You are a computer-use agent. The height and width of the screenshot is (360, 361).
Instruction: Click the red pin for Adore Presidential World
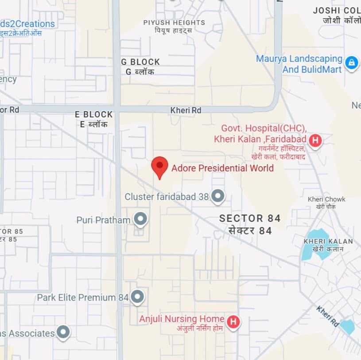pyautogui.click(x=159, y=167)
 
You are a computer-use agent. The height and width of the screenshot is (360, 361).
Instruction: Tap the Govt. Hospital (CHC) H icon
pyautogui.click(x=315, y=141)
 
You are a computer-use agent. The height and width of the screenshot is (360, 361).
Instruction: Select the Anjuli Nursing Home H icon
pyautogui.click(x=233, y=321)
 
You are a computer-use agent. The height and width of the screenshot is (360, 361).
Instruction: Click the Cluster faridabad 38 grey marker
pyautogui.click(x=217, y=196)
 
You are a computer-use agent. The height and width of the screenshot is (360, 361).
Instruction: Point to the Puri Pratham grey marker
pyautogui.click(x=140, y=219)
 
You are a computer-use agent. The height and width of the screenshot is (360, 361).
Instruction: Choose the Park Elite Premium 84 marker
pyautogui.click(x=137, y=297)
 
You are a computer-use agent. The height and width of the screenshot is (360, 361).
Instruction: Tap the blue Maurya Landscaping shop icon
pyautogui.click(x=351, y=63)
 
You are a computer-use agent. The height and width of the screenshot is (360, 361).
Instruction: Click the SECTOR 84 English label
pyautogui.click(x=250, y=218)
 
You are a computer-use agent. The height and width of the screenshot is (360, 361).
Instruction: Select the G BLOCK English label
pyautogui.click(x=140, y=62)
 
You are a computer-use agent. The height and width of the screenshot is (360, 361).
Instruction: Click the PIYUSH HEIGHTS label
pyautogui.click(x=174, y=23)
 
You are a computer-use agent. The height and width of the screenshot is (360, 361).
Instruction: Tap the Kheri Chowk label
pyautogui.click(x=326, y=199)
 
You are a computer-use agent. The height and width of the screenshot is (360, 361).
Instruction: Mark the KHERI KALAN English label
pyautogui.click(x=328, y=241)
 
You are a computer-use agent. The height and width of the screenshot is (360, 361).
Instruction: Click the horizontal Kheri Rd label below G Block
pyautogui.click(x=186, y=110)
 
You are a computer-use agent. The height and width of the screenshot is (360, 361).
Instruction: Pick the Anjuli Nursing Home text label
pyautogui.click(x=182, y=319)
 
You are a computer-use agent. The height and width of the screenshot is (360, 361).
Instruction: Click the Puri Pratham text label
pyautogui.click(x=103, y=220)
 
